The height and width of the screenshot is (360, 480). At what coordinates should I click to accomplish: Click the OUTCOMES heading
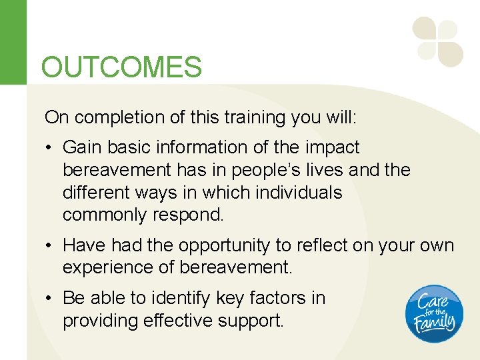(121, 67)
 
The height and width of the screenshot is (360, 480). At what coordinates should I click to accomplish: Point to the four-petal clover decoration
(437, 42)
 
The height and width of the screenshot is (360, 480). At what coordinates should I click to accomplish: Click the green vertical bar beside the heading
(13, 42)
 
